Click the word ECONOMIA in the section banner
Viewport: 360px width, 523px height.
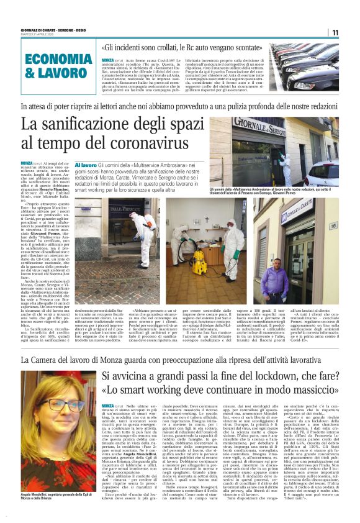60,60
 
